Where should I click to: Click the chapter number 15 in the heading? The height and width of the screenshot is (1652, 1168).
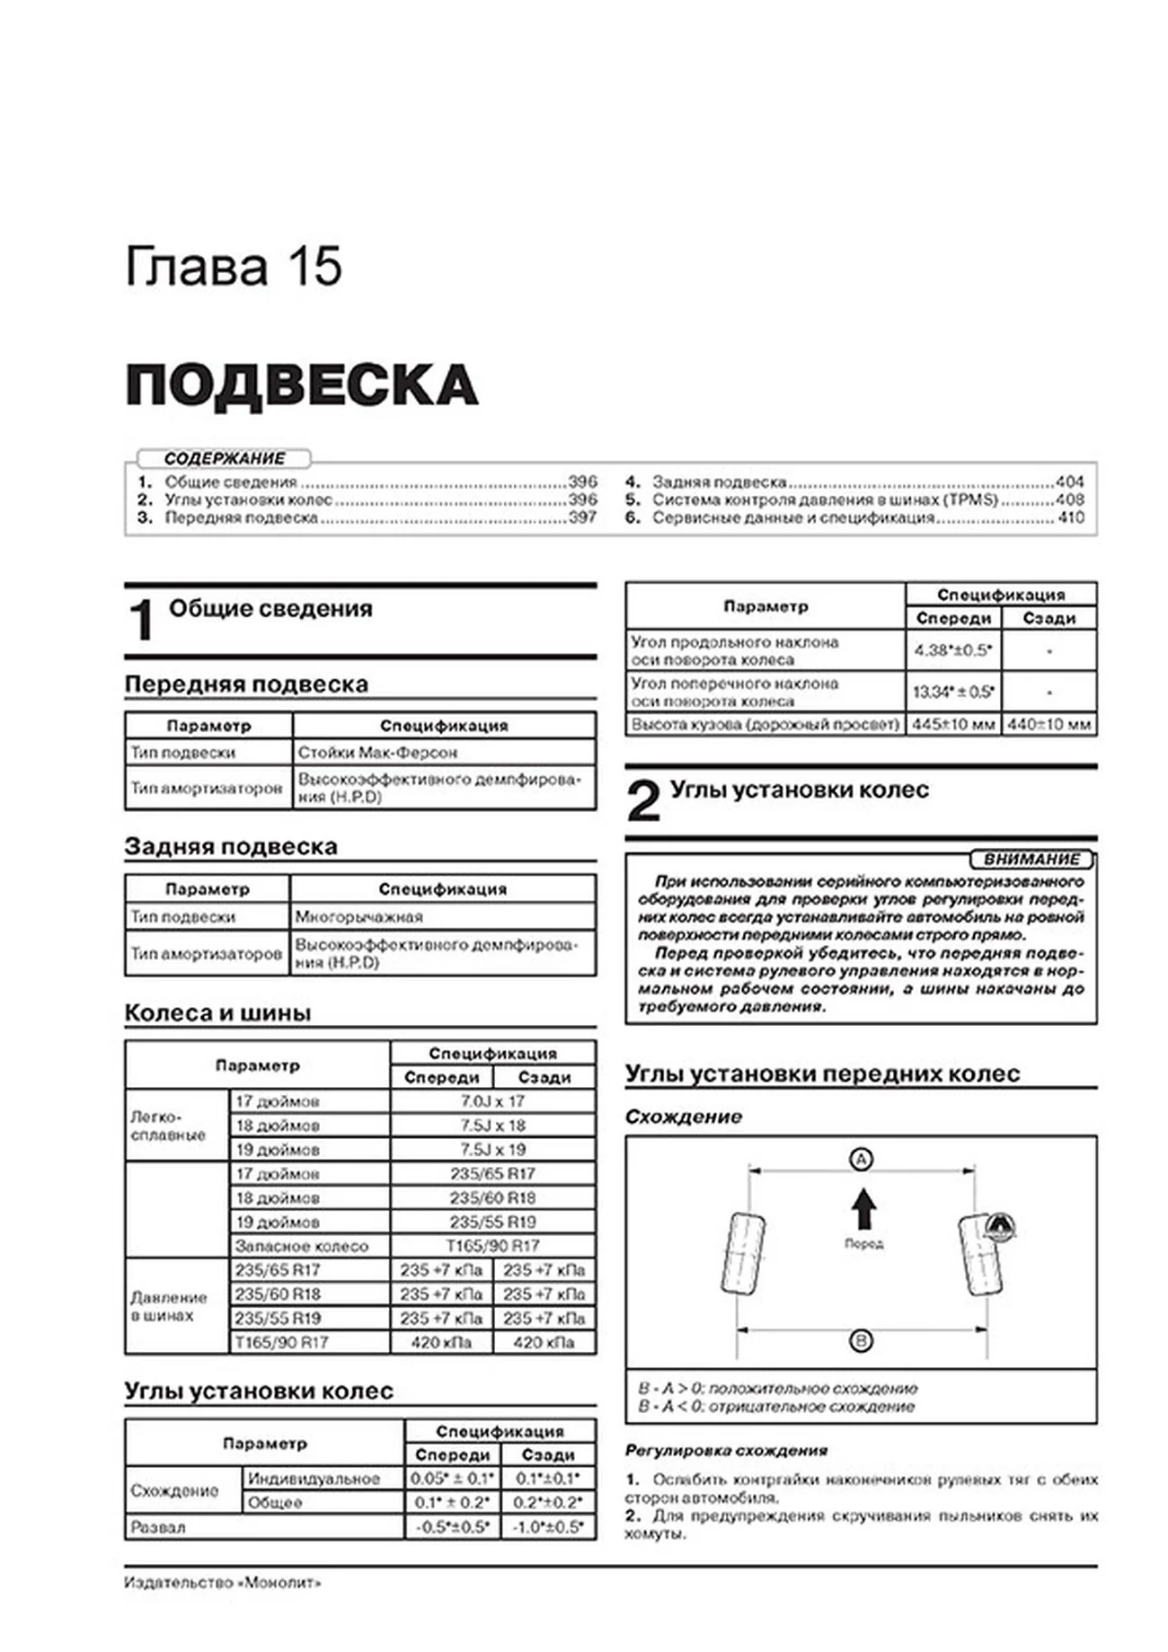314,267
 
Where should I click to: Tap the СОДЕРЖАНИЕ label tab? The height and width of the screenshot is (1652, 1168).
224,458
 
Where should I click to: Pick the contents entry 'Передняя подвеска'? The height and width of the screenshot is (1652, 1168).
241,517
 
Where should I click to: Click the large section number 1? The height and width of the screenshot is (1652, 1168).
142,619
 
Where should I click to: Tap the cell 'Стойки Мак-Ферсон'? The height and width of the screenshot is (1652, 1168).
377,752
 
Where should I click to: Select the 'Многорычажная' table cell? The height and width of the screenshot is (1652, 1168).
359,916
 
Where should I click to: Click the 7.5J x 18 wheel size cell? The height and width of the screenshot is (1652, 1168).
492,1125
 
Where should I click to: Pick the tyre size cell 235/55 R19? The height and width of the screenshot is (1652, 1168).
492,1222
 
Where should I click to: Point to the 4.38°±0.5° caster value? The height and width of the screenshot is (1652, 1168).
952,649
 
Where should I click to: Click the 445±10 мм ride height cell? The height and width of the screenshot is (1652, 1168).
953,724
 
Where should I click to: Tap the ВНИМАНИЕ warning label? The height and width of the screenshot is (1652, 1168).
1031,859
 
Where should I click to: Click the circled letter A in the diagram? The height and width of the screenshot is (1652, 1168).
861,1159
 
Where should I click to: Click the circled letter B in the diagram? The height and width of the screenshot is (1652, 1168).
861,1341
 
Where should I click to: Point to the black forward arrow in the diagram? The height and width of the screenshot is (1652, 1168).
863,1208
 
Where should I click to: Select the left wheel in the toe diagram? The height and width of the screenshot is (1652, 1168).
744,1252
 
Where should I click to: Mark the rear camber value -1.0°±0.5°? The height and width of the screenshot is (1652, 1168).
545,1526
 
